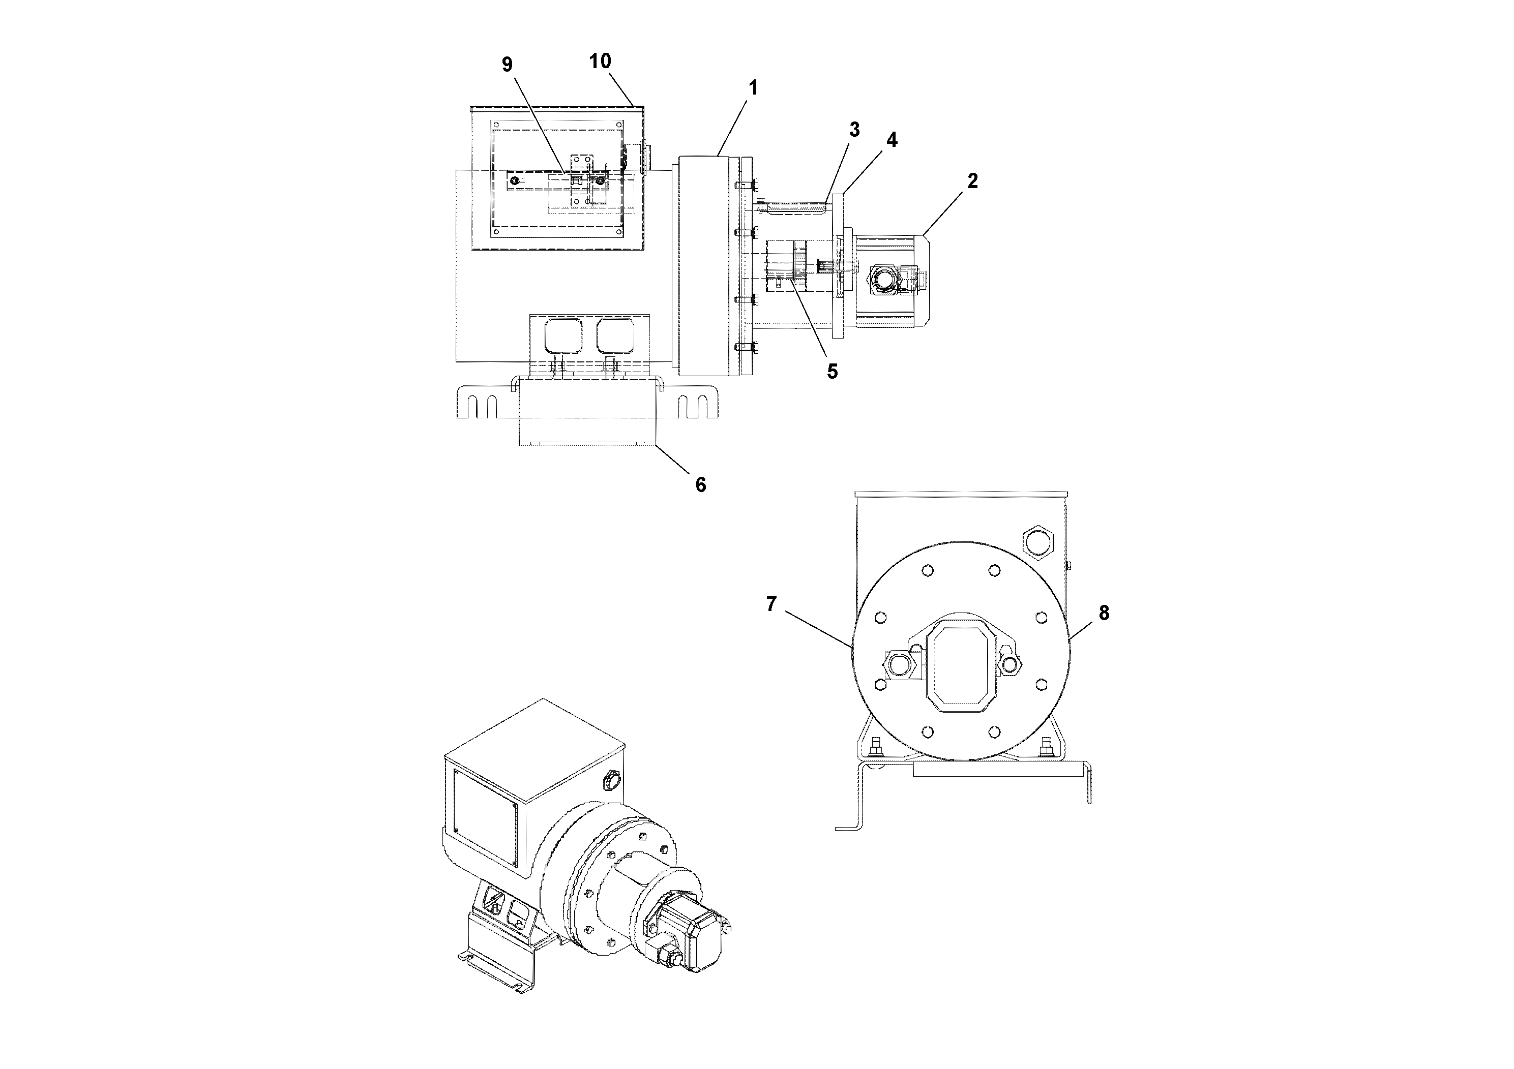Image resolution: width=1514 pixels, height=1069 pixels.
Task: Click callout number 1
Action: tap(752, 88)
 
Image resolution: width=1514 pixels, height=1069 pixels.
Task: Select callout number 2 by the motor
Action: tap(972, 181)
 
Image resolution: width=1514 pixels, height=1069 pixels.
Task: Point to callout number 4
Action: tap(892, 140)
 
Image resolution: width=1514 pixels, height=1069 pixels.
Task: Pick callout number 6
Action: tap(700, 485)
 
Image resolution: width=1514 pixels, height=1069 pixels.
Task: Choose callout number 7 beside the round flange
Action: tap(771, 604)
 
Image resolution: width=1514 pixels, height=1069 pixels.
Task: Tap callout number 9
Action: tap(507, 65)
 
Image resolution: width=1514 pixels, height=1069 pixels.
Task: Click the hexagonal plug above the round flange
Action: tap(1039, 542)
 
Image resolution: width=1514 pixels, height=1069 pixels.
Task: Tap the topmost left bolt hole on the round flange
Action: tap(927, 569)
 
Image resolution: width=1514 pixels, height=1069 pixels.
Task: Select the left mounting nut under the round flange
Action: tap(876, 749)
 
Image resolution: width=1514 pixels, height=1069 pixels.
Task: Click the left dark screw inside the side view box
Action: tap(515, 180)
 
